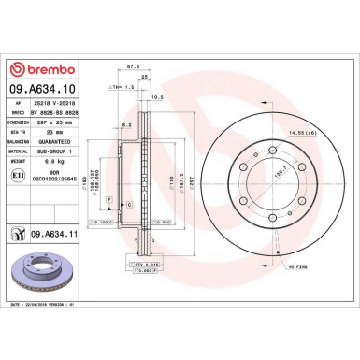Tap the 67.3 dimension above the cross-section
133,68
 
